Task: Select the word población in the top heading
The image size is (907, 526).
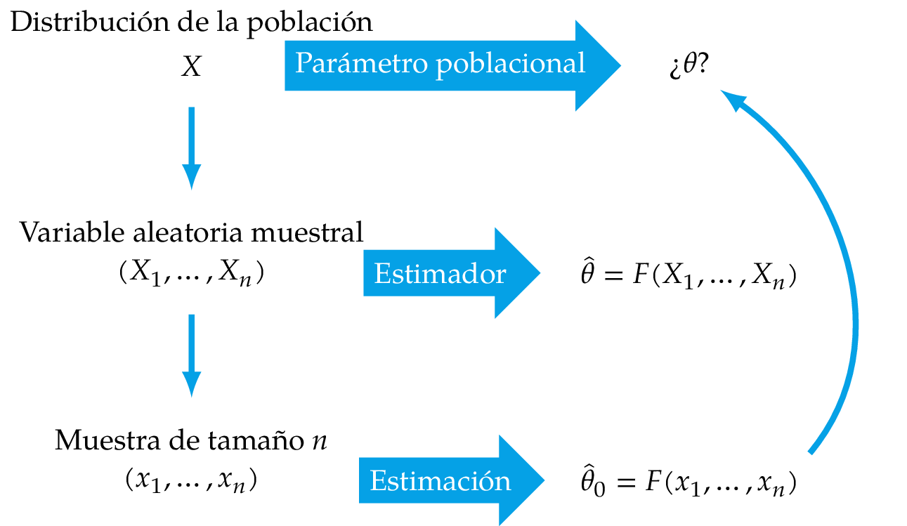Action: (x=308, y=22)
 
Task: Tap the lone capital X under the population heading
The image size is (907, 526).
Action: (x=191, y=67)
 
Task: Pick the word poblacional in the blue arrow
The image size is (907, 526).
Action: (x=510, y=64)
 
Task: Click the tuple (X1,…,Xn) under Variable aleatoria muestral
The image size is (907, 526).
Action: (x=191, y=274)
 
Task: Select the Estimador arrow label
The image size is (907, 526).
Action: (x=440, y=274)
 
